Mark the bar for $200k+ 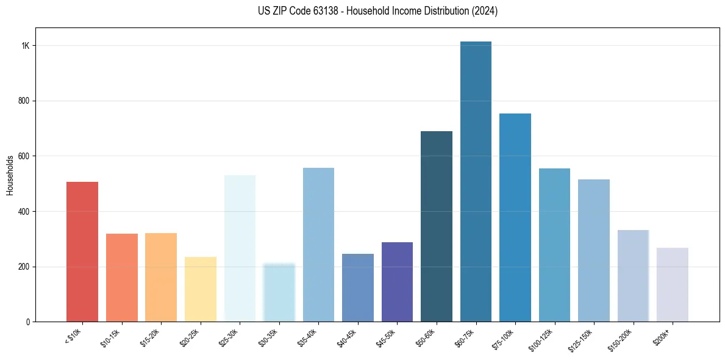coord(673,284)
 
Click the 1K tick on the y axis coord(26,46)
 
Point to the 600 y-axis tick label coord(24,156)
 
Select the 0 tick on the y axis coord(28,322)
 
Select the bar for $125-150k coord(594,250)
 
